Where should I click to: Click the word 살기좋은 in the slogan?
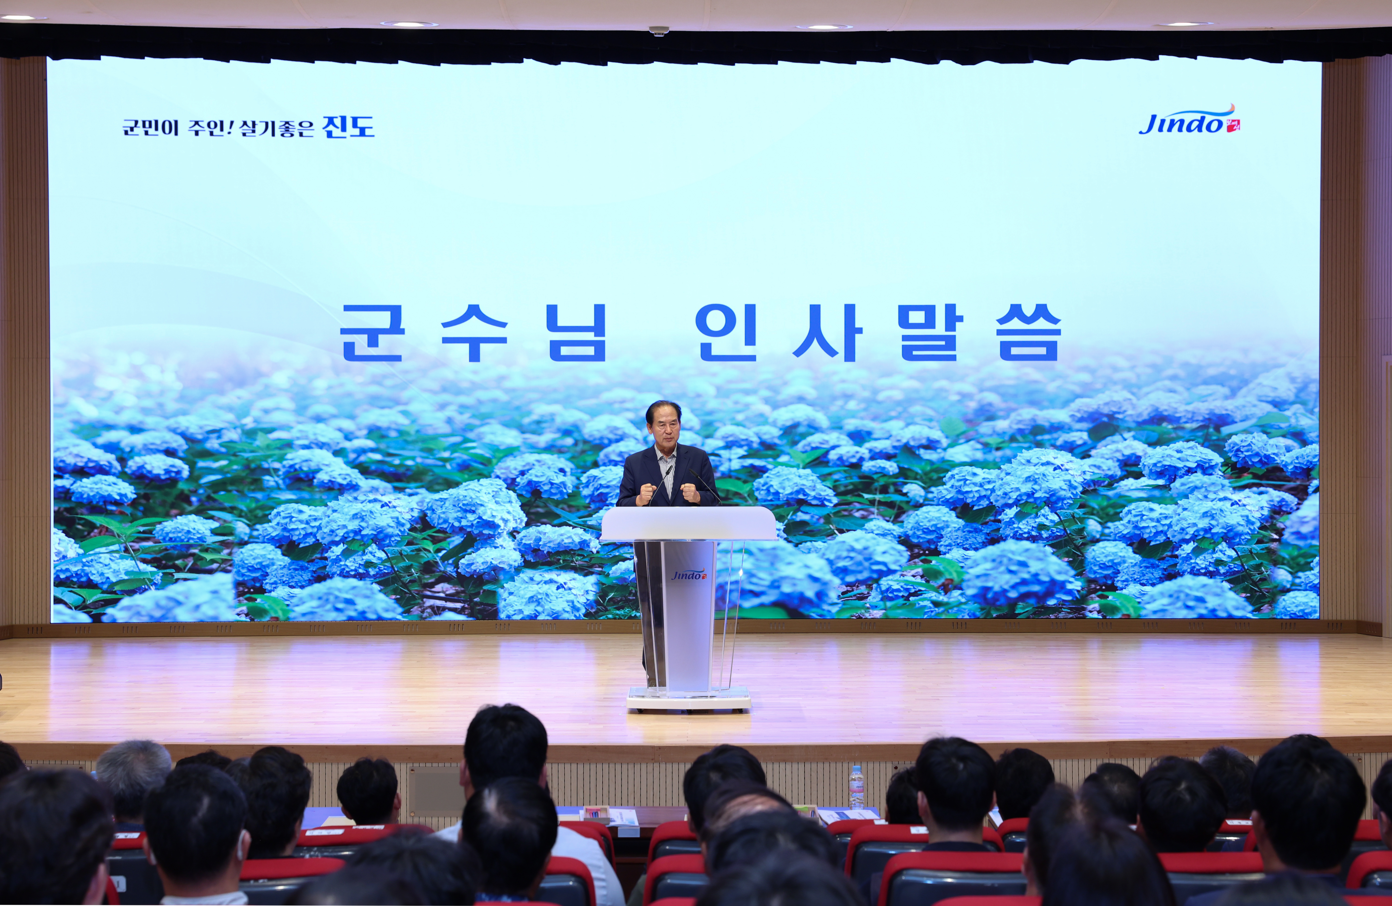point(277,127)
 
